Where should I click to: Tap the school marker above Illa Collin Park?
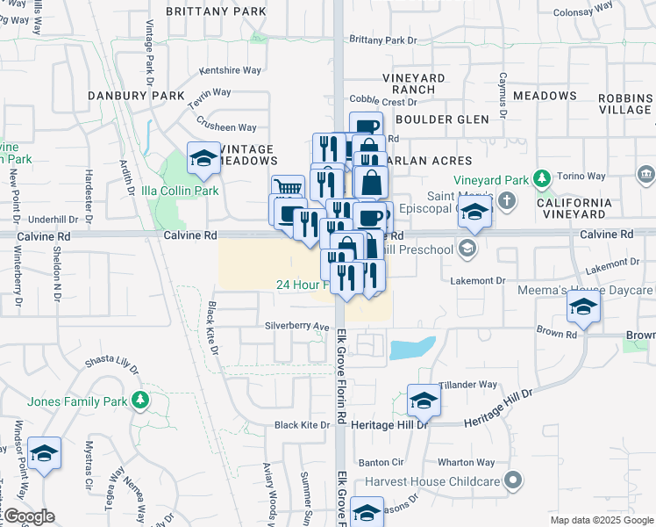[203, 158]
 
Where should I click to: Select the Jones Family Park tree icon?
[139, 401]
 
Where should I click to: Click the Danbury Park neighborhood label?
[136, 95]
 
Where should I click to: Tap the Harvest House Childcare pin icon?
[514, 480]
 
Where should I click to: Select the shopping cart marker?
[287, 189]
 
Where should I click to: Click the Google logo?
[29, 517]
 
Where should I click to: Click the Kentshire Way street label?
[231, 69]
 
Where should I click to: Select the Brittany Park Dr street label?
[382, 40]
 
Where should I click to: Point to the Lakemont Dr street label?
[478, 281]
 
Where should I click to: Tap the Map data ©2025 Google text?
[601, 520]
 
